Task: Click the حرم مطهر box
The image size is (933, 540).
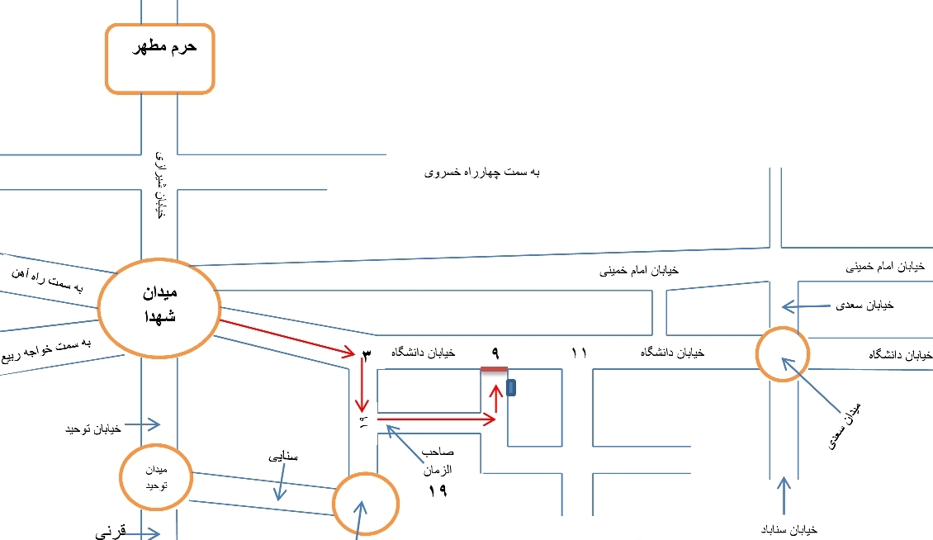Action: pos(159,58)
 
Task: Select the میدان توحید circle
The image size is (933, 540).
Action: pos(155,477)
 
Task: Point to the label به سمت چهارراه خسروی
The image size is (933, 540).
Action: pos(482,173)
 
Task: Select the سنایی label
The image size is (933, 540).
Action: pos(281,456)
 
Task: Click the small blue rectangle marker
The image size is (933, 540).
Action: pos(512,387)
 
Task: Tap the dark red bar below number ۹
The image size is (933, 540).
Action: pos(494,370)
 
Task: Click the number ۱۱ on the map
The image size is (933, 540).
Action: pos(579,353)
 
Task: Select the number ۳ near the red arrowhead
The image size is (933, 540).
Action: pos(367,354)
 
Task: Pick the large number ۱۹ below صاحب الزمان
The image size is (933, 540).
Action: pos(437,491)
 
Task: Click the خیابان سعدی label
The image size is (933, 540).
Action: pos(865,306)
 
